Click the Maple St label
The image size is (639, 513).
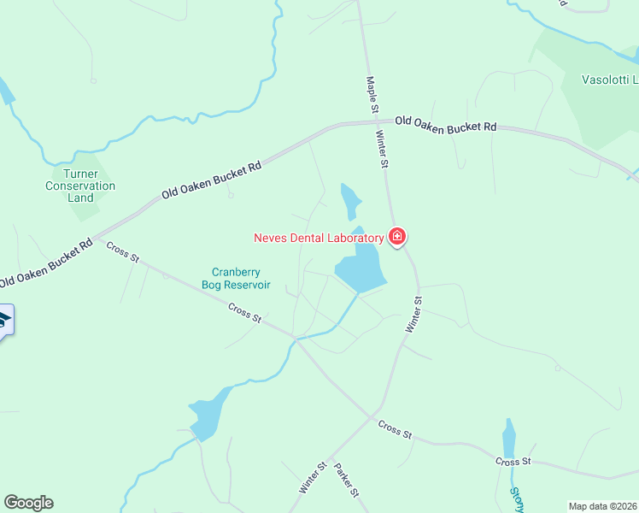pyautogui.click(x=372, y=95)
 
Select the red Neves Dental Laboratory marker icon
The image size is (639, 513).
pyautogui.click(x=397, y=237)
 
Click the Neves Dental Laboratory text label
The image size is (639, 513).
pyautogui.click(x=319, y=238)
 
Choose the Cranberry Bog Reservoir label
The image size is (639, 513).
pyautogui.click(x=237, y=278)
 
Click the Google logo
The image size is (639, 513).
pyautogui.click(x=28, y=503)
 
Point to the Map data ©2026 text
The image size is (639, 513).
pyautogui.click(x=601, y=505)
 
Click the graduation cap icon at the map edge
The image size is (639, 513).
pyautogui.click(x=4, y=321)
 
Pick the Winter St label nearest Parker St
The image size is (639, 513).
pyautogui.click(x=313, y=478)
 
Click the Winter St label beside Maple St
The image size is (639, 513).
pyautogui.click(x=383, y=149)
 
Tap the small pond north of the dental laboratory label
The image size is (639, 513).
pyautogui.click(x=349, y=201)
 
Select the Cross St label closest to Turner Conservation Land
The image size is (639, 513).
pyautogui.click(x=122, y=252)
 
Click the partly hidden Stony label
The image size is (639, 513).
pyautogui.click(x=516, y=501)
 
